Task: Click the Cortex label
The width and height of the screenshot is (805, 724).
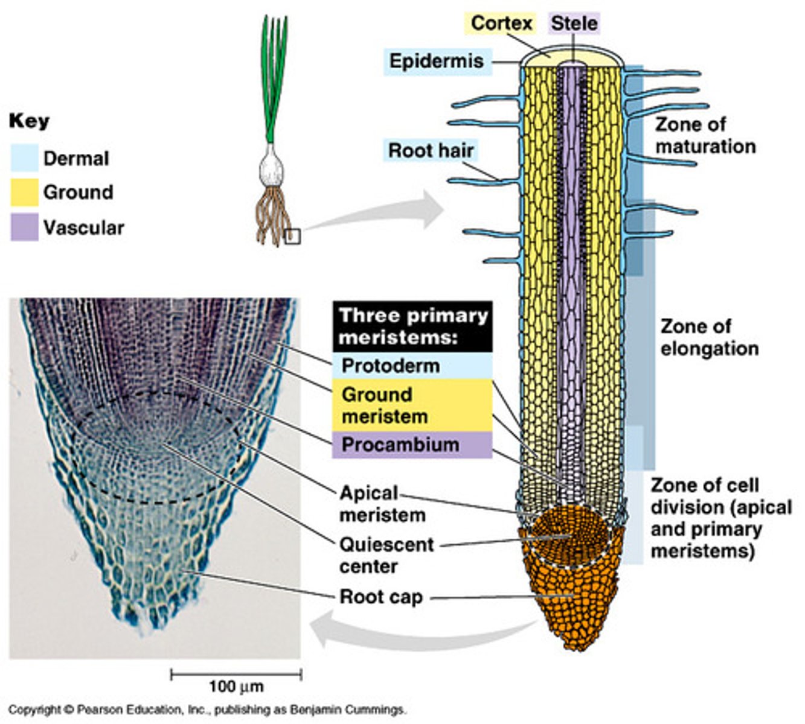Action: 502,23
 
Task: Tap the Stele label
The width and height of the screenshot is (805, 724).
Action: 574,23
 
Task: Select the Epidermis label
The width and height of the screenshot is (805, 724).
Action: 436,60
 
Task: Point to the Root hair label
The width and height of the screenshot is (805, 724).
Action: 431,150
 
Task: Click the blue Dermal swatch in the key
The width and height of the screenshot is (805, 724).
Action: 25,159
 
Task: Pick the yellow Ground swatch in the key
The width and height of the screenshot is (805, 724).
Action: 25,192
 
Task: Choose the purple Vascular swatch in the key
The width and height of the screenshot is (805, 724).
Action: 25,227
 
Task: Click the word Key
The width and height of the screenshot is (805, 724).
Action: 29,121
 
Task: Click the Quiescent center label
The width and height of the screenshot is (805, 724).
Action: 386,555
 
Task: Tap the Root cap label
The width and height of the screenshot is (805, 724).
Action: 381,597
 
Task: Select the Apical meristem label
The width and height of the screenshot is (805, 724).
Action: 382,504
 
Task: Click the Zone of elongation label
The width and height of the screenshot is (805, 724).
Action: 708,337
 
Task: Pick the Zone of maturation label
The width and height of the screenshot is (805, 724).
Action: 705,135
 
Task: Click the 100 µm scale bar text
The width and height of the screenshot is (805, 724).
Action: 236,686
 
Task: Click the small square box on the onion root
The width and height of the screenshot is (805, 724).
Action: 293,237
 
